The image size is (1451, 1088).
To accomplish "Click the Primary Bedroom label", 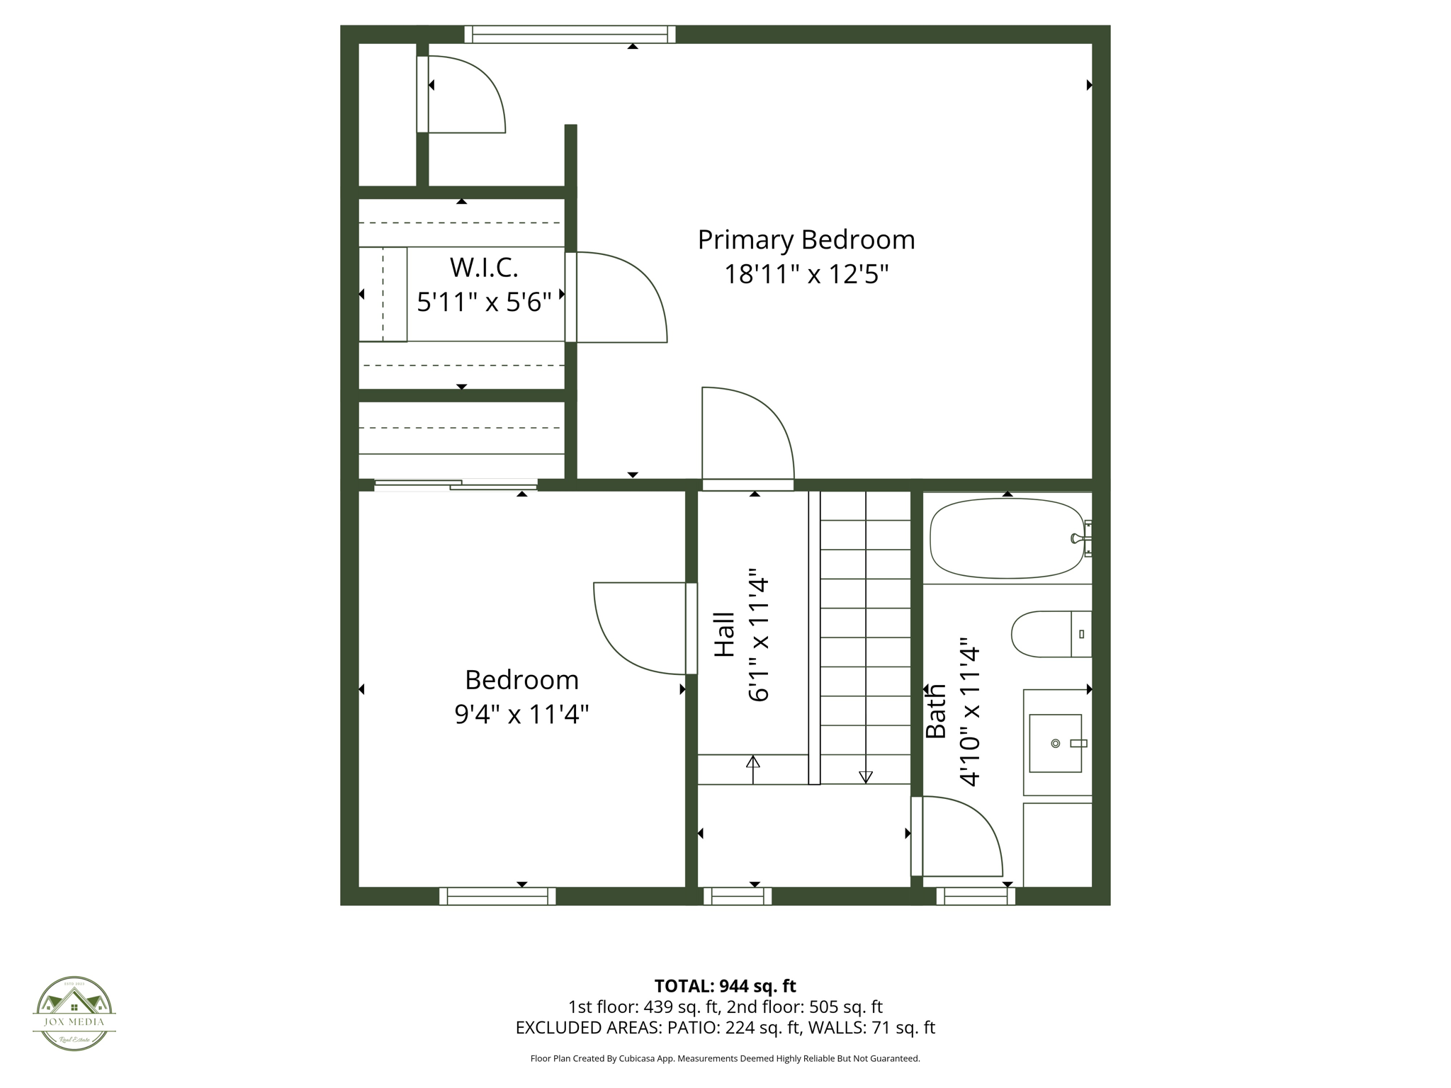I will (806, 239).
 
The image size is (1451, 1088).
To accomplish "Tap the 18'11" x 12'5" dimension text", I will (806, 274).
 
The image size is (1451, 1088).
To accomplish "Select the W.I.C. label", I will (484, 268).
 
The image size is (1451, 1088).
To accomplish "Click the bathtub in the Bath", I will (1006, 538).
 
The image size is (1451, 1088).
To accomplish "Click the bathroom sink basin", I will (1055, 743).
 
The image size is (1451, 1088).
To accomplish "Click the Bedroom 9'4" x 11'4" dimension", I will (521, 714).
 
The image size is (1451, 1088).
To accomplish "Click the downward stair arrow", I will (865, 776).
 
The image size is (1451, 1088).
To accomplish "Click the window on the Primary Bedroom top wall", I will (570, 34).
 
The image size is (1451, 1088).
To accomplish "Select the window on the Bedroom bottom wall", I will (497, 896).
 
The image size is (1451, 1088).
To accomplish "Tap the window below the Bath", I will (976, 896).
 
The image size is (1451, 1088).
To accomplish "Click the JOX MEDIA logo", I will (74, 1013).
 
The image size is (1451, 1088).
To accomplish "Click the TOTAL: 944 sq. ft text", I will (725, 986).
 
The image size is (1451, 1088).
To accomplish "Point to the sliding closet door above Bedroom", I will (456, 485).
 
